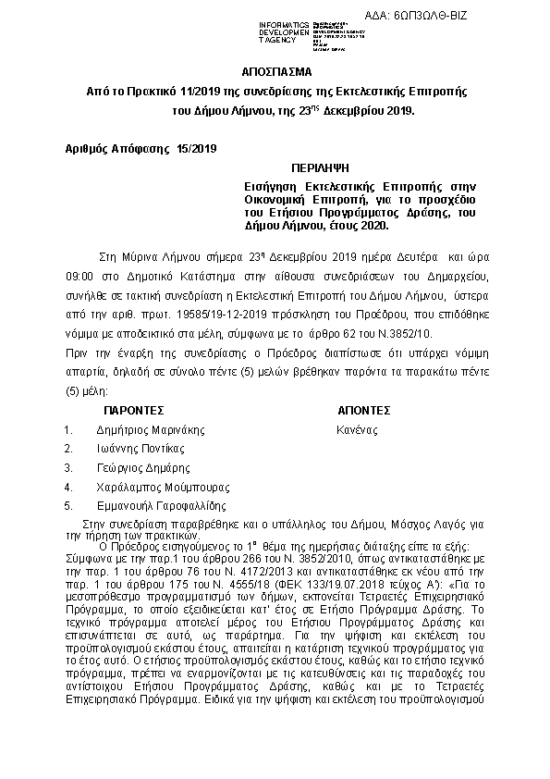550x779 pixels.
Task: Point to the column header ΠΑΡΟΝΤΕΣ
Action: point(133,409)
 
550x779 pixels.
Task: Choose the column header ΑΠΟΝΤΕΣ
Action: point(365,409)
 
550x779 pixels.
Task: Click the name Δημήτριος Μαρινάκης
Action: point(150,430)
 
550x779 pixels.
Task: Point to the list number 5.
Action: point(67,506)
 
